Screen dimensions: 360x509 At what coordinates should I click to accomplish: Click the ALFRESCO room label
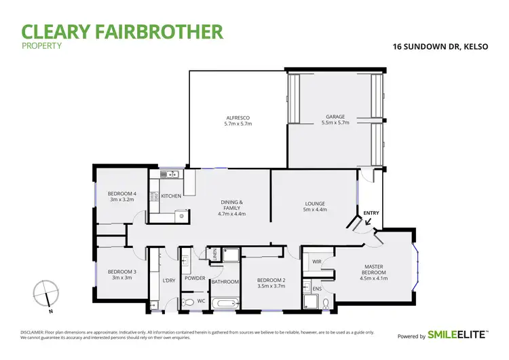(x=238, y=121)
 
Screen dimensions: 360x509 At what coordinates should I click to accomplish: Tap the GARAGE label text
(x=333, y=120)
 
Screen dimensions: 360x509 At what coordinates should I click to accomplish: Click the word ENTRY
(x=371, y=213)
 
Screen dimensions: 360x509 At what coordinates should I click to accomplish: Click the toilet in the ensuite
(x=325, y=302)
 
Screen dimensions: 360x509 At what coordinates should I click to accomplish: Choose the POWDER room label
(x=195, y=278)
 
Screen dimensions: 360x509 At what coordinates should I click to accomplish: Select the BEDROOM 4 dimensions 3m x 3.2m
(x=122, y=200)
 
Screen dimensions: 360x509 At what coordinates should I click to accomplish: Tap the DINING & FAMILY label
(x=231, y=206)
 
